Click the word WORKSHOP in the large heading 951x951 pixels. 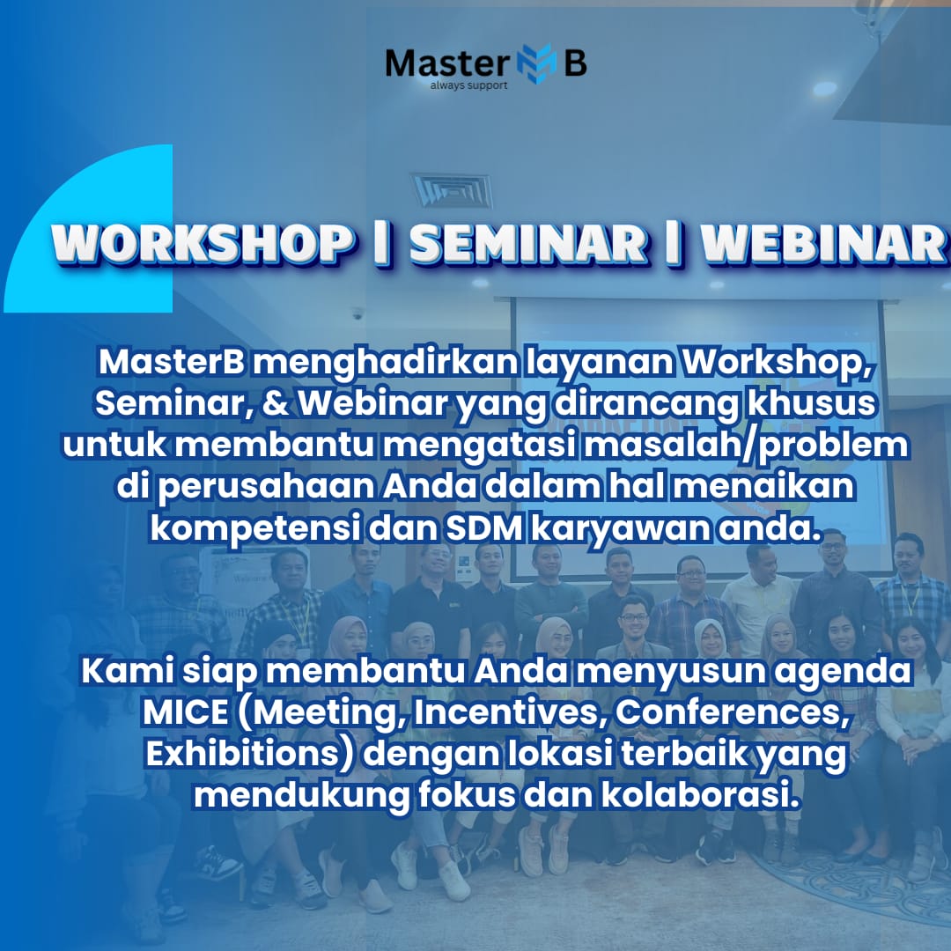(x=202, y=243)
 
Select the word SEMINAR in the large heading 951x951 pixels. (x=528, y=243)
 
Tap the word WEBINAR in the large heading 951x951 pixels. (x=823, y=243)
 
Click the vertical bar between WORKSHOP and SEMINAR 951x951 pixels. (x=381, y=243)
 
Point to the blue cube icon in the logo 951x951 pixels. (x=536, y=63)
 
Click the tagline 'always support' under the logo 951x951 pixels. (x=468, y=85)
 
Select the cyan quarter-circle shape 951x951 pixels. (x=88, y=229)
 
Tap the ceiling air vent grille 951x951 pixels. (x=453, y=190)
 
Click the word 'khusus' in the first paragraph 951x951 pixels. (x=812, y=403)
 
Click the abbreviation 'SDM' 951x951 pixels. (x=484, y=529)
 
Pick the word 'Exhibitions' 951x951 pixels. (x=249, y=754)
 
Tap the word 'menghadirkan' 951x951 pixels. (x=385, y=363)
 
